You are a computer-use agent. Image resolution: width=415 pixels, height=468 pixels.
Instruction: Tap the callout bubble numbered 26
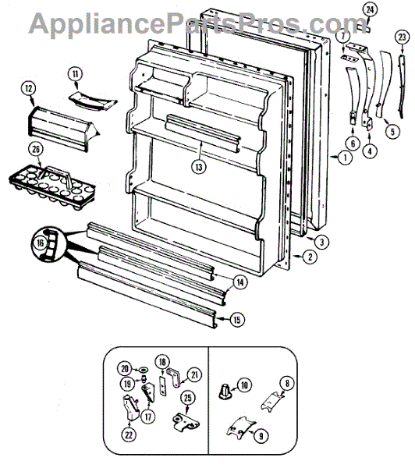(35, 150)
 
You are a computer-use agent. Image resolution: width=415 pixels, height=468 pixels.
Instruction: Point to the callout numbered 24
(369, 9)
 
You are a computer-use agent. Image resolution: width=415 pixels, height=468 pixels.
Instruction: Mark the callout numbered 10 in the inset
(243, 384)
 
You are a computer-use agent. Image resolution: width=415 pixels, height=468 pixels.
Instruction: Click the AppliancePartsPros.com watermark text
(207, 23)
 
